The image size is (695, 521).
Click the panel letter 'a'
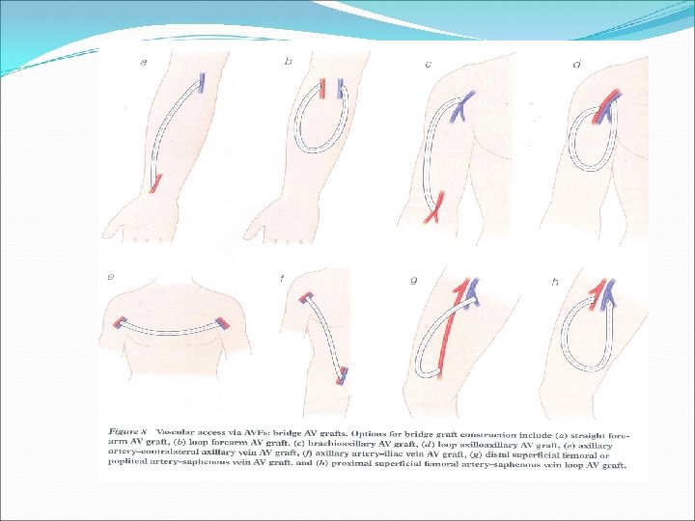pos(144,63)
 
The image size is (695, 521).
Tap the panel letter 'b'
pos(288,63)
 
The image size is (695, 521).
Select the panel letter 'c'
pos(428,65)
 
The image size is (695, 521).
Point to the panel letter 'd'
pos(576,65)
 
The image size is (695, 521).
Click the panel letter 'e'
pos(111,277)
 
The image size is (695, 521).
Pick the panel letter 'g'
pos(414,281)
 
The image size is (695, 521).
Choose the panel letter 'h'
pos(555,282)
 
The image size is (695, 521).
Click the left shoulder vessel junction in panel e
pos(120,321)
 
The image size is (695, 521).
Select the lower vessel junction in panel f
pos(345,373)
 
